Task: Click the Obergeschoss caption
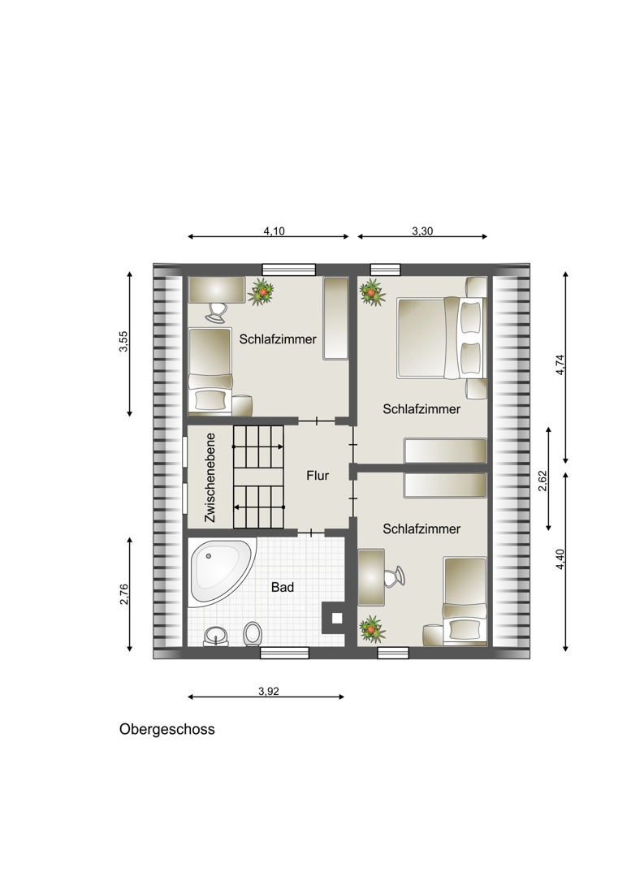[166, 730]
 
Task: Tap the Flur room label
[318, 475]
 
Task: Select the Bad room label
[283, 587]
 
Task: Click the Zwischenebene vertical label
[210, 478]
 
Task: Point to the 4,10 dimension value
[274, 231]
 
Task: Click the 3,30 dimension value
[422, 231]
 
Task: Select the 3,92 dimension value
[269, 692]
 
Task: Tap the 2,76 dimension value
[125, 594]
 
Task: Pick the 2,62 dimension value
[542, 480]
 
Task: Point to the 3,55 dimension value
[123, 342]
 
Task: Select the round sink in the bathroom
[216, 636]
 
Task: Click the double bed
[442, 337]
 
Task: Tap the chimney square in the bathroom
[337, 617]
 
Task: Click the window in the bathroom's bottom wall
[285, 654]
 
